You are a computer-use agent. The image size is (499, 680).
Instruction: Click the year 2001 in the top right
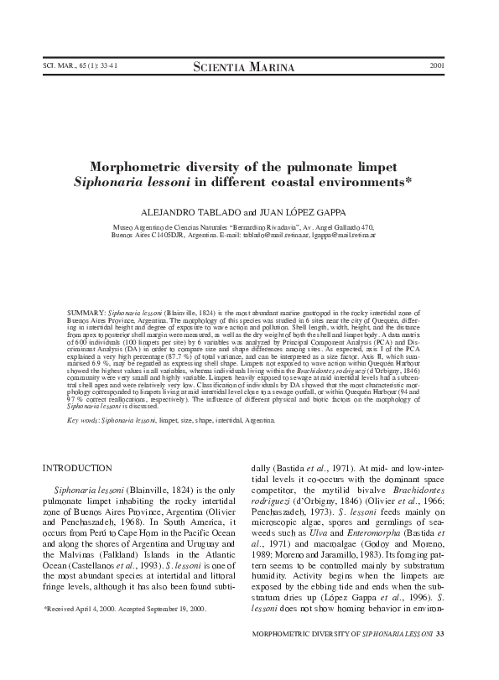(x=436, y=66)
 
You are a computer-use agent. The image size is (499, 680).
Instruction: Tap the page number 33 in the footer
(x=450, y=656)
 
